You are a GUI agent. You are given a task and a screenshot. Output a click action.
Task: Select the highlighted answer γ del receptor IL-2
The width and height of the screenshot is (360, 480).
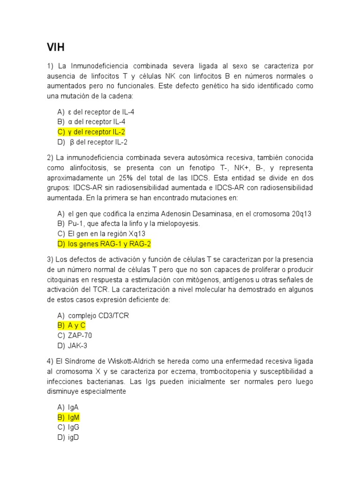(97, 132)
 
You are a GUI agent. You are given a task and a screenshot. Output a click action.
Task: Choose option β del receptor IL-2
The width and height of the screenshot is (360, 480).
(98, 142)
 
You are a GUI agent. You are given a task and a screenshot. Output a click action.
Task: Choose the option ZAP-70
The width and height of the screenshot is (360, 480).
(80, 336)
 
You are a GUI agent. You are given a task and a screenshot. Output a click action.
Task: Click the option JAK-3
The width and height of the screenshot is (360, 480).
(77, 345)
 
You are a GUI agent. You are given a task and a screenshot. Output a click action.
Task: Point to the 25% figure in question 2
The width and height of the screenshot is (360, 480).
(136, 178)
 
